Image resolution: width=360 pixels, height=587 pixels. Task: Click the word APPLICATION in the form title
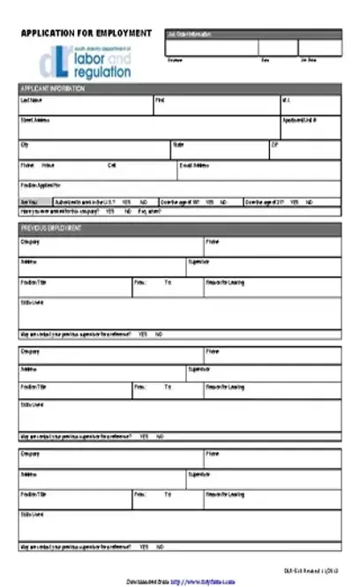tap(49, 33)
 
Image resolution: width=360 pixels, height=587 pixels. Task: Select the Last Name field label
tap(32, 101)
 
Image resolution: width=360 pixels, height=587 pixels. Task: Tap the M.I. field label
tap(286, 101)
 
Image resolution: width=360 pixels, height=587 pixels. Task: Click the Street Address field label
tap(36, 120)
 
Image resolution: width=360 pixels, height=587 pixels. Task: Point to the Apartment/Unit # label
tap(299, 120)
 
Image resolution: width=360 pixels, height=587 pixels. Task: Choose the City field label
tap(25, 143)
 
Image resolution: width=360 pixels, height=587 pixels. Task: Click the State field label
tap(178, 143)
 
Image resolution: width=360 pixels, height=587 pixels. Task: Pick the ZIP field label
tap(275, 143)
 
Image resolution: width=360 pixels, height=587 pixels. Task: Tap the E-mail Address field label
tap(195, 165)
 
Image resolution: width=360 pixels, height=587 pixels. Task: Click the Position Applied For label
tap(41, 185)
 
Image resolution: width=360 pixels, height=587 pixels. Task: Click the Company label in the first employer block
tap(30, 241)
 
